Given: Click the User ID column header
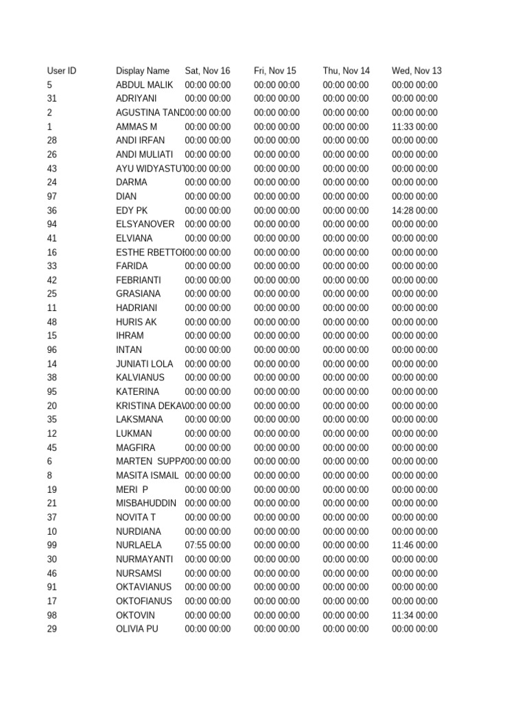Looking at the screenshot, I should (x=62, y=71).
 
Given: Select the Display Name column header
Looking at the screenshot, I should (x=143, y=71).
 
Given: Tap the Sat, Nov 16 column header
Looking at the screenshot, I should (x=208, y=71).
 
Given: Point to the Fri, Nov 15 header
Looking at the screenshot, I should (x=275, y=71).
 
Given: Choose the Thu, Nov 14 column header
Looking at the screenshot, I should (x=347, y=71).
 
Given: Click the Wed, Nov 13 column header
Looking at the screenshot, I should (x=417, y=71).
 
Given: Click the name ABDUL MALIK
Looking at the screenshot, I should (x=145, y=85).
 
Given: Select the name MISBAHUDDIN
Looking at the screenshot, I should (x=146, y=503).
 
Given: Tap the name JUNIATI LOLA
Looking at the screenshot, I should (x=145, y=364).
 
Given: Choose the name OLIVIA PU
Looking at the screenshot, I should (x=137, y=629).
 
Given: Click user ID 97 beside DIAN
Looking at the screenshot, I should (x=52, y=196).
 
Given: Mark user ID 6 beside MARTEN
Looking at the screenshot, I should (x=50, y=461).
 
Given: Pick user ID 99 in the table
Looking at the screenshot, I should (x=52, y=546).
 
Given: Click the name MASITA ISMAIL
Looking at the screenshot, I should (x=148, y=475).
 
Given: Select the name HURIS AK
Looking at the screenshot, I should (x=137, y=322).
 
